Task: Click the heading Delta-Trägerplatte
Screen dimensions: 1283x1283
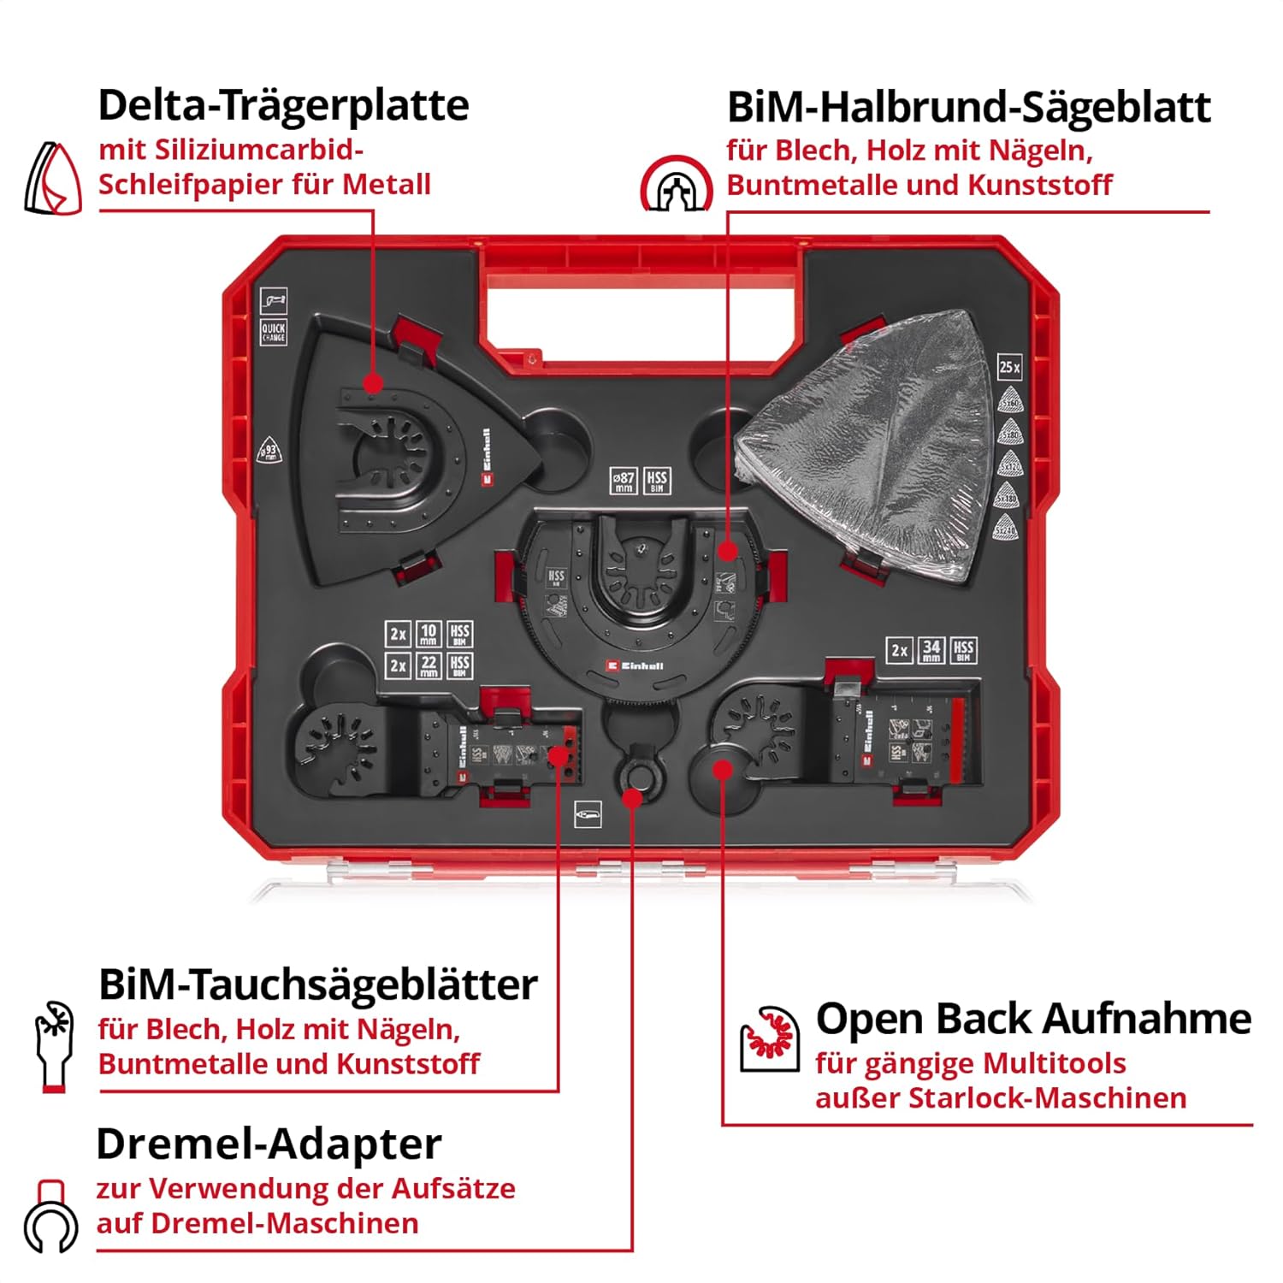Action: [283, 105]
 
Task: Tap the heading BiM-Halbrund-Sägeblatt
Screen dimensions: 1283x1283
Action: [968, 108]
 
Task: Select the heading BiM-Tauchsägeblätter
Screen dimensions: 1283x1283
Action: [317, 984]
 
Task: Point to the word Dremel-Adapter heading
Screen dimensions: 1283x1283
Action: [269, 1144]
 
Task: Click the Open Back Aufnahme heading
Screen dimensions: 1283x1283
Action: [1033, 1019]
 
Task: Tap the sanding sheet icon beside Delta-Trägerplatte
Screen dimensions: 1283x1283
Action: [53, 179]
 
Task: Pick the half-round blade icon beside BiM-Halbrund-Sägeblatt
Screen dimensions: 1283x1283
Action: [676, 185]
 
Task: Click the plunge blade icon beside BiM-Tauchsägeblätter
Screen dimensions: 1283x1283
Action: [54, 1046]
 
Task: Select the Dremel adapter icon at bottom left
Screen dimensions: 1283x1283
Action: [51, 1218]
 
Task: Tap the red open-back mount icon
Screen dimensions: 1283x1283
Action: [770, 1038]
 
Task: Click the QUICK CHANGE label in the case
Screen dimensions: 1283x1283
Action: [273, 332]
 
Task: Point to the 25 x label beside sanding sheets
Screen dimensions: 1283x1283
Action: [1009, 367]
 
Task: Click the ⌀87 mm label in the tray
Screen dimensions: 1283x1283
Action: [624, 482]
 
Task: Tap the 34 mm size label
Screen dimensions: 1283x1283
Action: [931, 650]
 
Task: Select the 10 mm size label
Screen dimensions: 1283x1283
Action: [429, 634]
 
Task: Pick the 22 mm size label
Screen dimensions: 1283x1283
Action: [429, 665]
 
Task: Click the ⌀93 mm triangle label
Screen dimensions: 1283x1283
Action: [269, 451]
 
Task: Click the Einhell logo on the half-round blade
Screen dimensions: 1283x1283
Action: [634, 665]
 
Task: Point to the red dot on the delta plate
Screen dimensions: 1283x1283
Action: [372, 383]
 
